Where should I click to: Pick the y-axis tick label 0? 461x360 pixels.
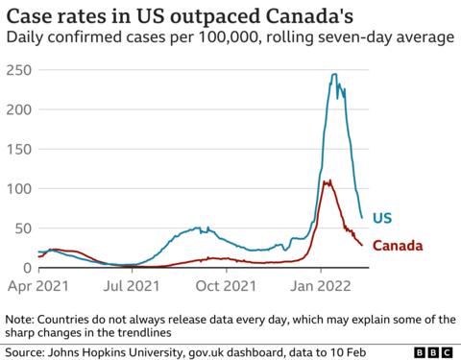click(25, 268)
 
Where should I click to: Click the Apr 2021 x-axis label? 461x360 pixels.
click(38, 285)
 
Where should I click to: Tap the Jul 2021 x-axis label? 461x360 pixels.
click(132, 285)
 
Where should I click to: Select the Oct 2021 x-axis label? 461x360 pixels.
click(225, 285)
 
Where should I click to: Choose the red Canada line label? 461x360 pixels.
click(398, 247)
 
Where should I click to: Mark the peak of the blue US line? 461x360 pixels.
click(333, 75)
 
